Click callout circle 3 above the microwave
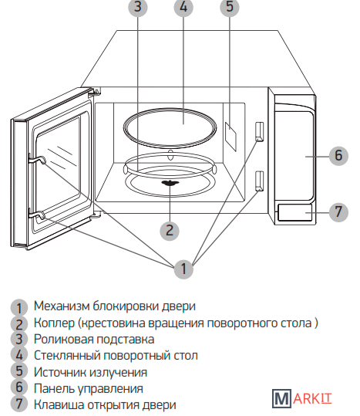pos(138,7)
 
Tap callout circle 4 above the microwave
pos(183,7)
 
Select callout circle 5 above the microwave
pos(230,7)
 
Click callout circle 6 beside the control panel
pos(338,156)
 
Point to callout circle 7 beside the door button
pos(338,212)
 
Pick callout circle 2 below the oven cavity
pos(170,231)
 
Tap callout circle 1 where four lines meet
pos(183,269)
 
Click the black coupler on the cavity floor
pos(170,183)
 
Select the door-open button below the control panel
pos(294,212)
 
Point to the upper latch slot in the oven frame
pos(259,132)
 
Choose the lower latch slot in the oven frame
pos(259,181)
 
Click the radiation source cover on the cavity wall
pos(230,137)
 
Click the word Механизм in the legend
pos(62,306)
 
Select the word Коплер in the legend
pos(54,323)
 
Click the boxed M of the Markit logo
pos(281,398)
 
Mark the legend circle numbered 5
pos(19,371)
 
